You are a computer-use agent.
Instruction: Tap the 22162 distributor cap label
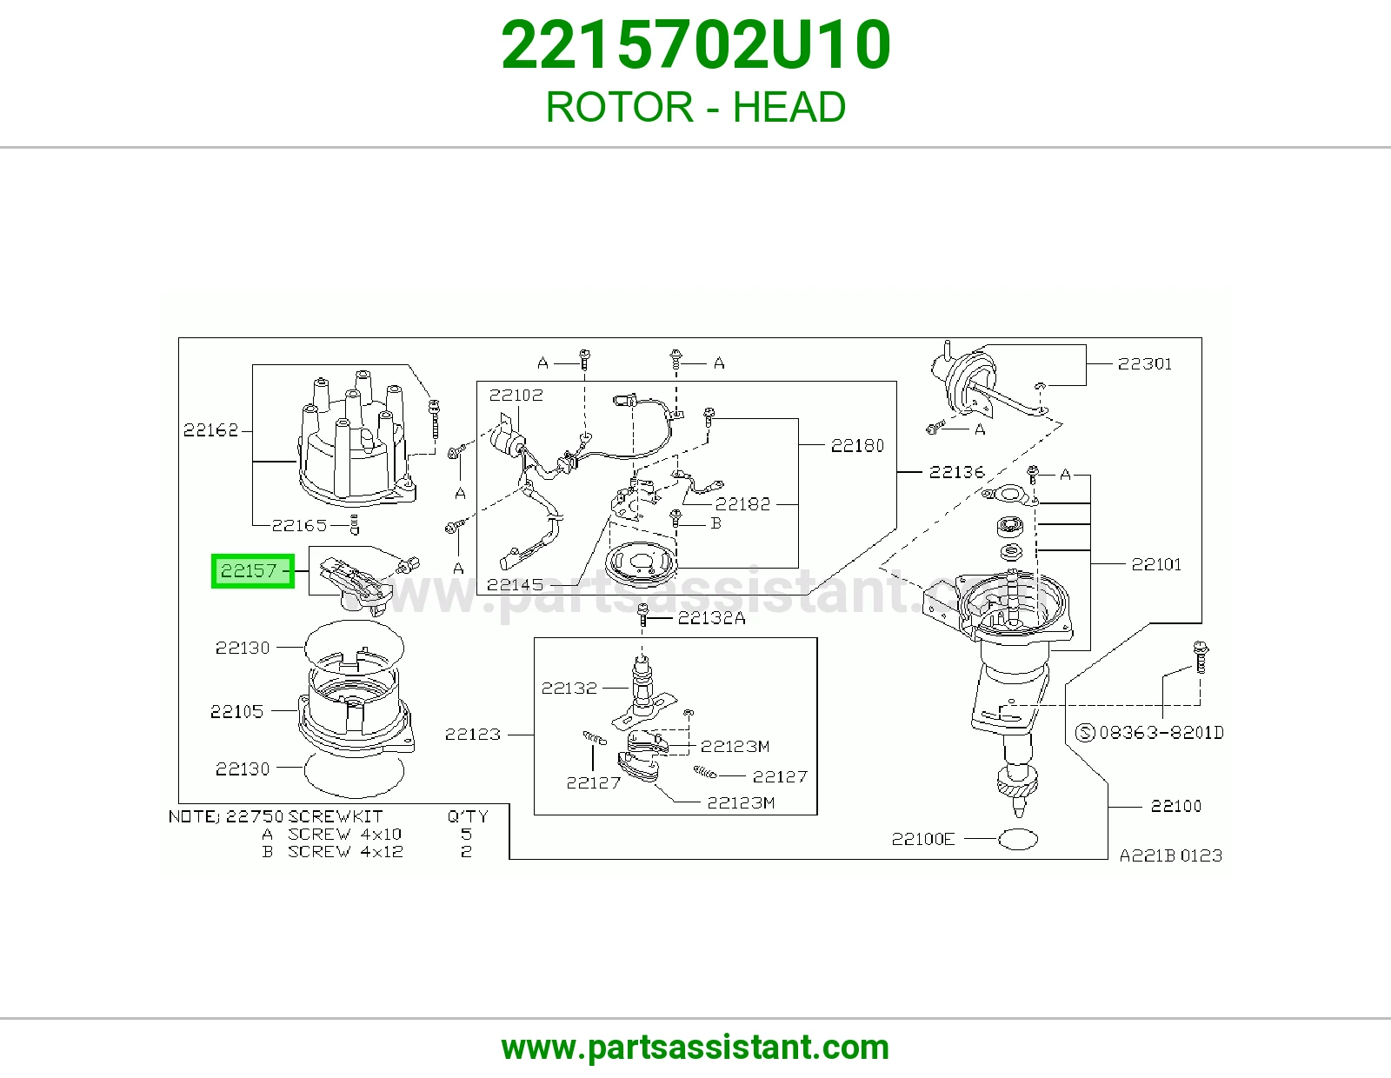point(210,429)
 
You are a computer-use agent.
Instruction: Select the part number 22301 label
point(1145,363)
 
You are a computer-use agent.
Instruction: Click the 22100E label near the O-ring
point(923,839)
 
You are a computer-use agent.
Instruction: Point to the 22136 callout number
point(956,472)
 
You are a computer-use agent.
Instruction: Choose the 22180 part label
point(857,445)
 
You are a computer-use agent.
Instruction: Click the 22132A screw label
point(711,618)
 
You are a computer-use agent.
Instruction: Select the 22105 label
point(236,711)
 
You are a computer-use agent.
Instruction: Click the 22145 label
point(515,584)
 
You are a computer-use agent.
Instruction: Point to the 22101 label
point(1156,564)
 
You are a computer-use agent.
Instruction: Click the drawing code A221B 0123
point(1170,855)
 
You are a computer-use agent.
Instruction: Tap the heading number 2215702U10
point(695,44)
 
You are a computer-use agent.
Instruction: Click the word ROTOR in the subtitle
point(619,107)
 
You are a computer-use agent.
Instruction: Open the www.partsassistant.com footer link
point(695,1048)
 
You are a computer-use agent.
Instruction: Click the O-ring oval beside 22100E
point(1018,839)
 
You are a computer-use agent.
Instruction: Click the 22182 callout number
point(742,504)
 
